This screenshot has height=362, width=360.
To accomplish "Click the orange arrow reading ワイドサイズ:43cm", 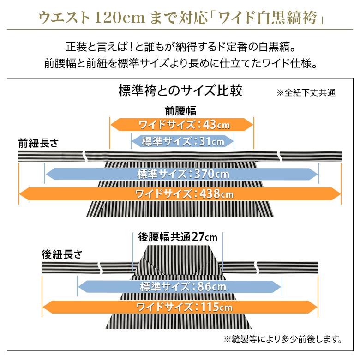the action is pos(182,125).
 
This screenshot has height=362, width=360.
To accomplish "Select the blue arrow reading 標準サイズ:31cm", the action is pos(182,141).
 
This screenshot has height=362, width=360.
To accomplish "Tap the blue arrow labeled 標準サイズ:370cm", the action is pos(182,174).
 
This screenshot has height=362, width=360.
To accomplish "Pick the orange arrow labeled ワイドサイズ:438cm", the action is pos(180,194).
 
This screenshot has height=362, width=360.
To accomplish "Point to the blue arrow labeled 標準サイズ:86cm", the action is pos(180,287).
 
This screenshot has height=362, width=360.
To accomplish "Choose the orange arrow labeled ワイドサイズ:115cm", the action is pos(180,307).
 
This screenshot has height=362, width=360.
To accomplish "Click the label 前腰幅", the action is pos(180,111).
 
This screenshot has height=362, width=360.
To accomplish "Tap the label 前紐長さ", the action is pos(39,143).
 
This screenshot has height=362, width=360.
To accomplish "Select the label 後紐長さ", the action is pos(62,254).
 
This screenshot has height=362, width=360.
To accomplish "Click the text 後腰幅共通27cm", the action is pos(178,237).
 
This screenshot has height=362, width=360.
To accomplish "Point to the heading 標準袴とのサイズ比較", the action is pos(180,90).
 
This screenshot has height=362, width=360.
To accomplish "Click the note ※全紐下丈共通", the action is pos(306,92).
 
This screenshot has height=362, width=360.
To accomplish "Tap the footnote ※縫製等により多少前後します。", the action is pos(283,339).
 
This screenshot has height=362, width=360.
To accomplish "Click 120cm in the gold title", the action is pos(120,18).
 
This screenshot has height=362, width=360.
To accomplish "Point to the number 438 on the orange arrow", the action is pos(210,194).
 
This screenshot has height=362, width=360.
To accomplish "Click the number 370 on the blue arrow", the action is pos(205,174).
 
